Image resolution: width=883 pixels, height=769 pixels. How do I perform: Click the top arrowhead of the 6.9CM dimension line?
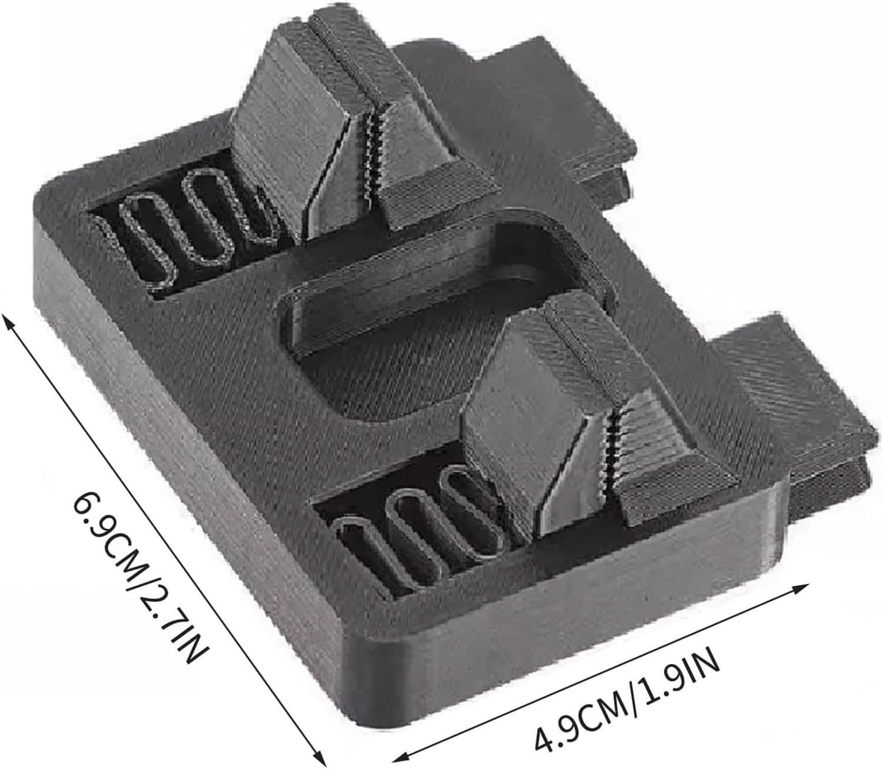(7, 319)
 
